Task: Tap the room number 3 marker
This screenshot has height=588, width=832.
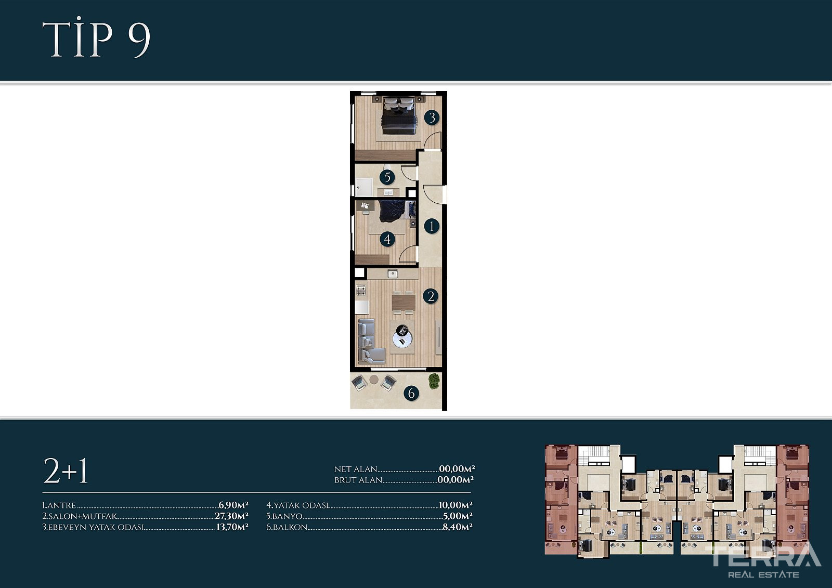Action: (432, 117)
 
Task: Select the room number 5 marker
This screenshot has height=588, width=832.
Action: (387, 177)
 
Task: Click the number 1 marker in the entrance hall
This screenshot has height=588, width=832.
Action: (432, 226)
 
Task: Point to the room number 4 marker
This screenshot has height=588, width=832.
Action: (387, 239)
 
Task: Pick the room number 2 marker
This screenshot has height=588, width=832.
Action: (431, 296)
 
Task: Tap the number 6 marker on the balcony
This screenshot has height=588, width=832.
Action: (411, 393)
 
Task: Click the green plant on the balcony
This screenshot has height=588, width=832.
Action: (434, 381)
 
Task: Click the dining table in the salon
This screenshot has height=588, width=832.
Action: (404, 302)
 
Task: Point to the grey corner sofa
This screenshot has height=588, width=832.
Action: (370, 341)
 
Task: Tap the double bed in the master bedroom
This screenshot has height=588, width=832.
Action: (398, 115)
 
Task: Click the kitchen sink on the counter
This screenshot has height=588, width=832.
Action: (393, 274)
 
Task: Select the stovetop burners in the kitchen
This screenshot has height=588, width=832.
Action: (361, 290)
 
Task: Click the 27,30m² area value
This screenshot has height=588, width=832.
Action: (231, 516)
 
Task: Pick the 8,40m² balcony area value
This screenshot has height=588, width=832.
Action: (457, 527)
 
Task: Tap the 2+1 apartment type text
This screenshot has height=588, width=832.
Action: (66, 471)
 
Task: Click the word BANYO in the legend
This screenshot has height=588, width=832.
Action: (287, 516)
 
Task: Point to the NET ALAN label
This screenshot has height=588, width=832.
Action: (356, 469)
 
